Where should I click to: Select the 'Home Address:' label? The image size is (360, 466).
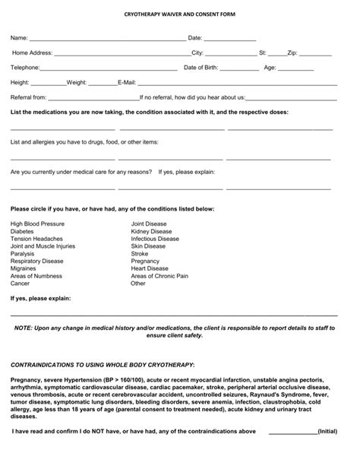point(32,53)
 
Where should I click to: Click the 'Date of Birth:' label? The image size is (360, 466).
point(205,68)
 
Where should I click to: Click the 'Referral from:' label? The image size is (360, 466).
point(29,97)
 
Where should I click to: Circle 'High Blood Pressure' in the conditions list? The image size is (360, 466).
point(37,224)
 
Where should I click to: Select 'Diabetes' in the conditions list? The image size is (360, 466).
point(23,232)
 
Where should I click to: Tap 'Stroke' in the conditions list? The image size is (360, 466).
point(140,254)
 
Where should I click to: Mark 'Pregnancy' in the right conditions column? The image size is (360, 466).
point(145,261)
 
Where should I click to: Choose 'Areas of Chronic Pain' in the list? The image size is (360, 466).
point(159,276)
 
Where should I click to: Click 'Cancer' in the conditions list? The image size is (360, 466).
point(21,284)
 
